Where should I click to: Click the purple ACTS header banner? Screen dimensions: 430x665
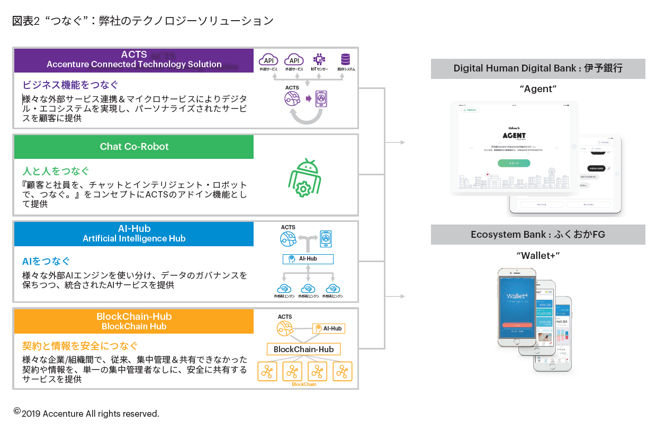[134, 60]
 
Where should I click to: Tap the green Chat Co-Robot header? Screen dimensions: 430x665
[134, 147]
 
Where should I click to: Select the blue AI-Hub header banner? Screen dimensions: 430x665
[134, 234]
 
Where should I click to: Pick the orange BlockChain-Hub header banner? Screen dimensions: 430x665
[134, 321]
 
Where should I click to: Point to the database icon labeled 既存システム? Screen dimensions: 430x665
[346, 59]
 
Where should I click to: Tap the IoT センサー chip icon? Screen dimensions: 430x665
[319, 59]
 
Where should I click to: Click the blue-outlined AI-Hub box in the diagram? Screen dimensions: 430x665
[308, 259]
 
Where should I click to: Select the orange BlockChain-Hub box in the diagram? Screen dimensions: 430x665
[303, 349]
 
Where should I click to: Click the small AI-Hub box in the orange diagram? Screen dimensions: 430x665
[328, 328]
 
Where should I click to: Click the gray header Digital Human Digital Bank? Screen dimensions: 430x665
[538, 68]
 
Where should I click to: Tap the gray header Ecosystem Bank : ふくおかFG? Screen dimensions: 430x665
[538, 235]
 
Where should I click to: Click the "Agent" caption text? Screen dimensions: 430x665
[538, 89]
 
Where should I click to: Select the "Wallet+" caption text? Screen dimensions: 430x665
[538, 256]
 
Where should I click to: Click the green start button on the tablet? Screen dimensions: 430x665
[514, 163]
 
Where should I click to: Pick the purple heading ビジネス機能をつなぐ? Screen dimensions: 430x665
[70, 85]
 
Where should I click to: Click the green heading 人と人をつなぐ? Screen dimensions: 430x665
[56, 172]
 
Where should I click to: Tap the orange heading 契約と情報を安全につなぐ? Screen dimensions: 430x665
[80, 346]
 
